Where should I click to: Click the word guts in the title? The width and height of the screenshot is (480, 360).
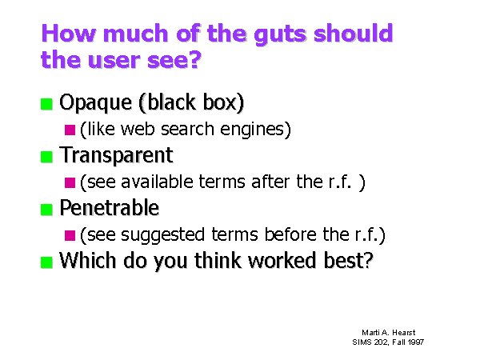coord(280,34)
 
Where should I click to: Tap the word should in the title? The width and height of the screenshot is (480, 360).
coord(354,32)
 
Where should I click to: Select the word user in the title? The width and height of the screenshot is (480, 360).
coord(114,60)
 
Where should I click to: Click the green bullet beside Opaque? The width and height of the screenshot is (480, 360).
coord(47,104)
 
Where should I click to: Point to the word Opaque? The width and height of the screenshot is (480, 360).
coord(95,103)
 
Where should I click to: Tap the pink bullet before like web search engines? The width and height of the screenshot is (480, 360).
coord(70,130)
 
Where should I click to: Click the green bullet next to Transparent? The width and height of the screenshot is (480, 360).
coord(47,157)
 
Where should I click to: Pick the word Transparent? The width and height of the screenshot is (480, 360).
coord(116,155)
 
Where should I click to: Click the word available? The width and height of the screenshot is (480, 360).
coord(157,182)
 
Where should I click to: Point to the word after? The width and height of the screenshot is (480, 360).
coord(270,182)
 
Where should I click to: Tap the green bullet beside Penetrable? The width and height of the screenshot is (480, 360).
coord(47,210)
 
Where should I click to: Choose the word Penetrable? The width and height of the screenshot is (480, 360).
coord(110,207)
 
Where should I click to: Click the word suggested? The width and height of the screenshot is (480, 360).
coord(163,235)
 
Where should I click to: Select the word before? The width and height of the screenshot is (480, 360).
coord(290,234)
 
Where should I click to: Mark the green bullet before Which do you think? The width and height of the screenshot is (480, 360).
coord(47,262)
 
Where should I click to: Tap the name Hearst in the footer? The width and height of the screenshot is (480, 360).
coord(403,333)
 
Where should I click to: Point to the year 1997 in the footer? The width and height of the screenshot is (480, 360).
coord(416,342)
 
